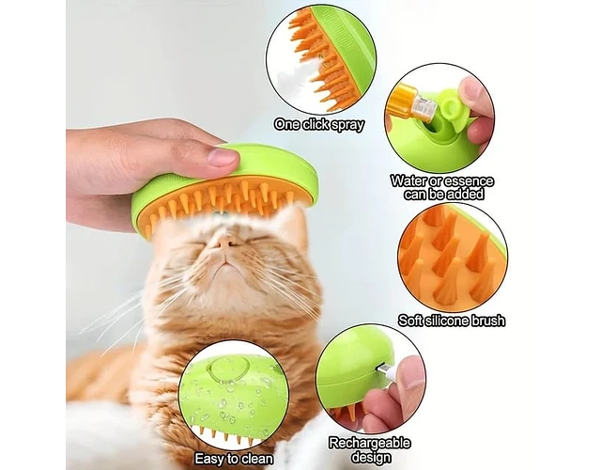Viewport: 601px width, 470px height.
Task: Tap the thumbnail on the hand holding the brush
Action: pos(223,157)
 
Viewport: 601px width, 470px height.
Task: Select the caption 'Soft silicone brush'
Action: pos(452,321)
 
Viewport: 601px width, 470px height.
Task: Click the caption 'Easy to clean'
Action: pos(234,459)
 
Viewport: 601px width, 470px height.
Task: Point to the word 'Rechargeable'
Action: pos(369,443)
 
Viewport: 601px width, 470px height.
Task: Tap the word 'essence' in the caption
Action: pos(470,180)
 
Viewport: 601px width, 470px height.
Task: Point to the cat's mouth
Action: pos(227,265)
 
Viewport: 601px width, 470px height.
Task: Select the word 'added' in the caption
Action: pos(464,195)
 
